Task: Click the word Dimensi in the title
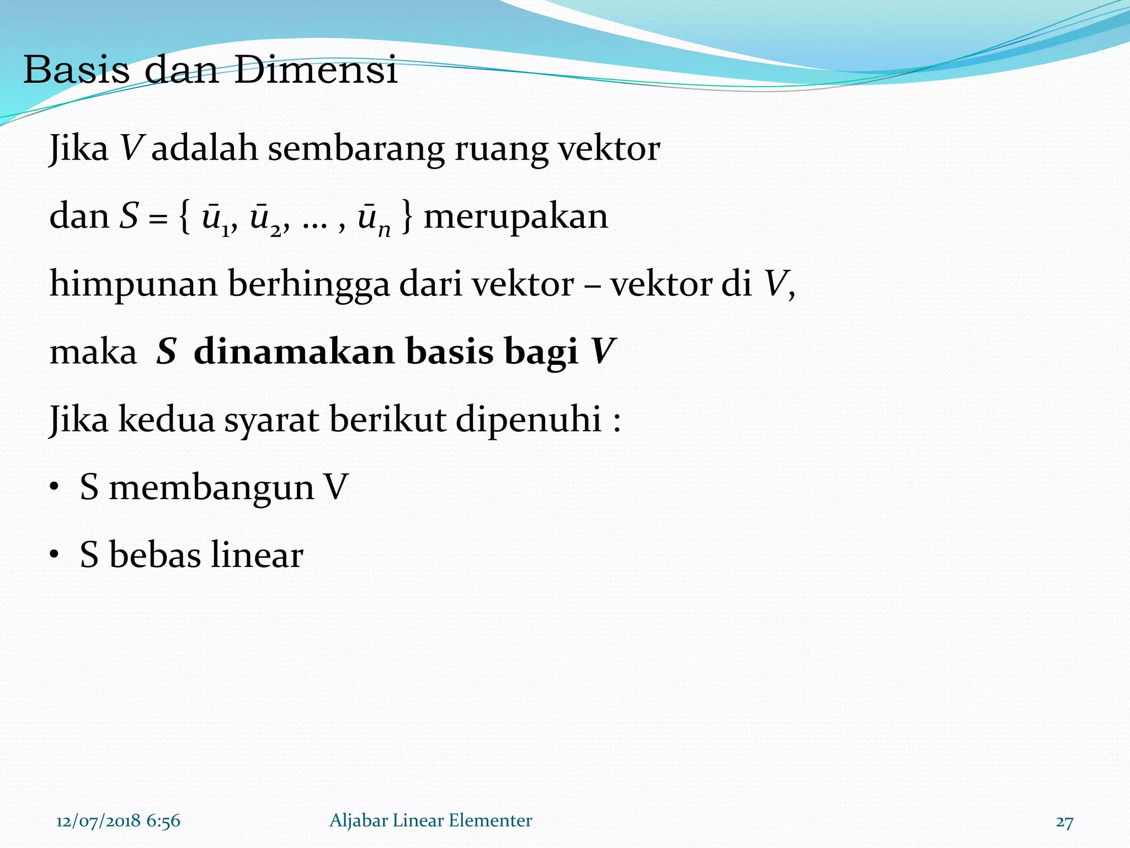pyautogui.click(x=316, y=71)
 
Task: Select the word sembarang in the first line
pyautogui.click(x=356, y=149)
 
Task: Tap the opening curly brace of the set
pyautogui.click(x=184, y=217)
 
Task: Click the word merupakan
pyautogui.click(x=515, y=217)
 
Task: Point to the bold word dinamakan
pyautogui.click(x=294, y=352)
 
